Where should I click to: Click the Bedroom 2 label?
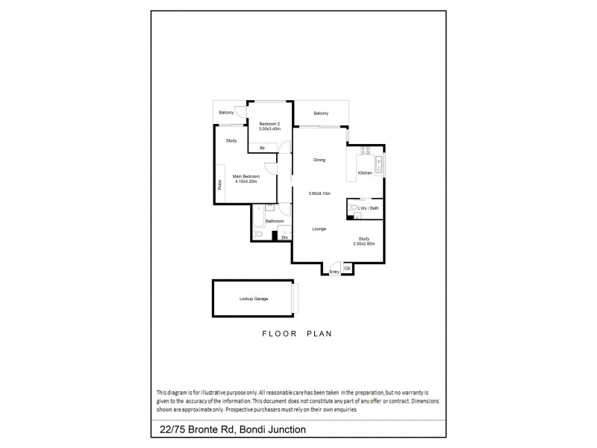[269, 124]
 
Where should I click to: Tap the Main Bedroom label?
[246, 176]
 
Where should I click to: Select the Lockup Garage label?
[254, 299]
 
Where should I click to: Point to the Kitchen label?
[365, 173]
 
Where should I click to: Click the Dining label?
[319, 160]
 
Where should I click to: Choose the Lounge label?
[319, 228]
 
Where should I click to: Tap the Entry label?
[334, 272]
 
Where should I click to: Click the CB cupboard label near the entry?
[347, 268]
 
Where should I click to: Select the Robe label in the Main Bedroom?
[220, 184]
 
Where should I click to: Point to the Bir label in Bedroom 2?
[263, 148]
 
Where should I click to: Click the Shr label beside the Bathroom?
[284, 237]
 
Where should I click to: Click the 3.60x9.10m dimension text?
[319, 194]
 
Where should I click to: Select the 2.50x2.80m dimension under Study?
[363, 244]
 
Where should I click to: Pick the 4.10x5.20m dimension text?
[246, 181]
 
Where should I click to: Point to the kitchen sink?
[378, 164]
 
